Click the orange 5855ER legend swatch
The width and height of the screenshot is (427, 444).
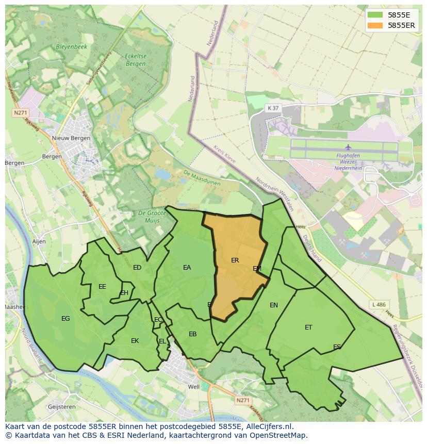[375, 25]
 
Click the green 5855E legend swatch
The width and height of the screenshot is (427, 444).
[375, 15]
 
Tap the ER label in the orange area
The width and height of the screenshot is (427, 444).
[235, 260]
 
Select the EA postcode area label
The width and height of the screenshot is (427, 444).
[187, 267]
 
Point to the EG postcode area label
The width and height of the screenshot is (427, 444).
[65, 319]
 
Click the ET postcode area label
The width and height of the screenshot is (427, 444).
[308, 327]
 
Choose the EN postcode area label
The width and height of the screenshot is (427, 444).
[274, 305]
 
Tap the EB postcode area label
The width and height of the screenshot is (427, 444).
[192, 334]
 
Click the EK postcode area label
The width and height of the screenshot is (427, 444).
[135, 340]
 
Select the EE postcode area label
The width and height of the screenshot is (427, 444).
[102, 286]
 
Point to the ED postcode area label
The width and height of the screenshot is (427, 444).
[137, 267]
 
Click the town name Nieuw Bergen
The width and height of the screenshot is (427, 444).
[71, 138]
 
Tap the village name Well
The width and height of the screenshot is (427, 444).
[194, 387]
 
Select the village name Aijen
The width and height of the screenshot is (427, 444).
[39, 241]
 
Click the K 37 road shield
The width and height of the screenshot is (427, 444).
[273, 108]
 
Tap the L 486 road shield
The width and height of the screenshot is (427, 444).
[379, 305]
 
